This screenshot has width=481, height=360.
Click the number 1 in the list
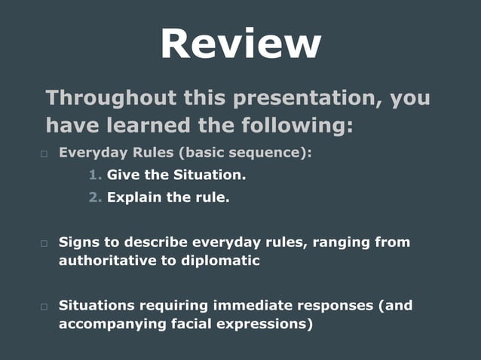tap(94, 175)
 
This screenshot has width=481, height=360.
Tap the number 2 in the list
tap(94, 198)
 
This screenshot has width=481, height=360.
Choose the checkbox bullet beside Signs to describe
tap(44, 243)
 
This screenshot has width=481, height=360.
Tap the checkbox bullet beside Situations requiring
tap(44, 307)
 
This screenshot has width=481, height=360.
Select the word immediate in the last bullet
tap(254, 306)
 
